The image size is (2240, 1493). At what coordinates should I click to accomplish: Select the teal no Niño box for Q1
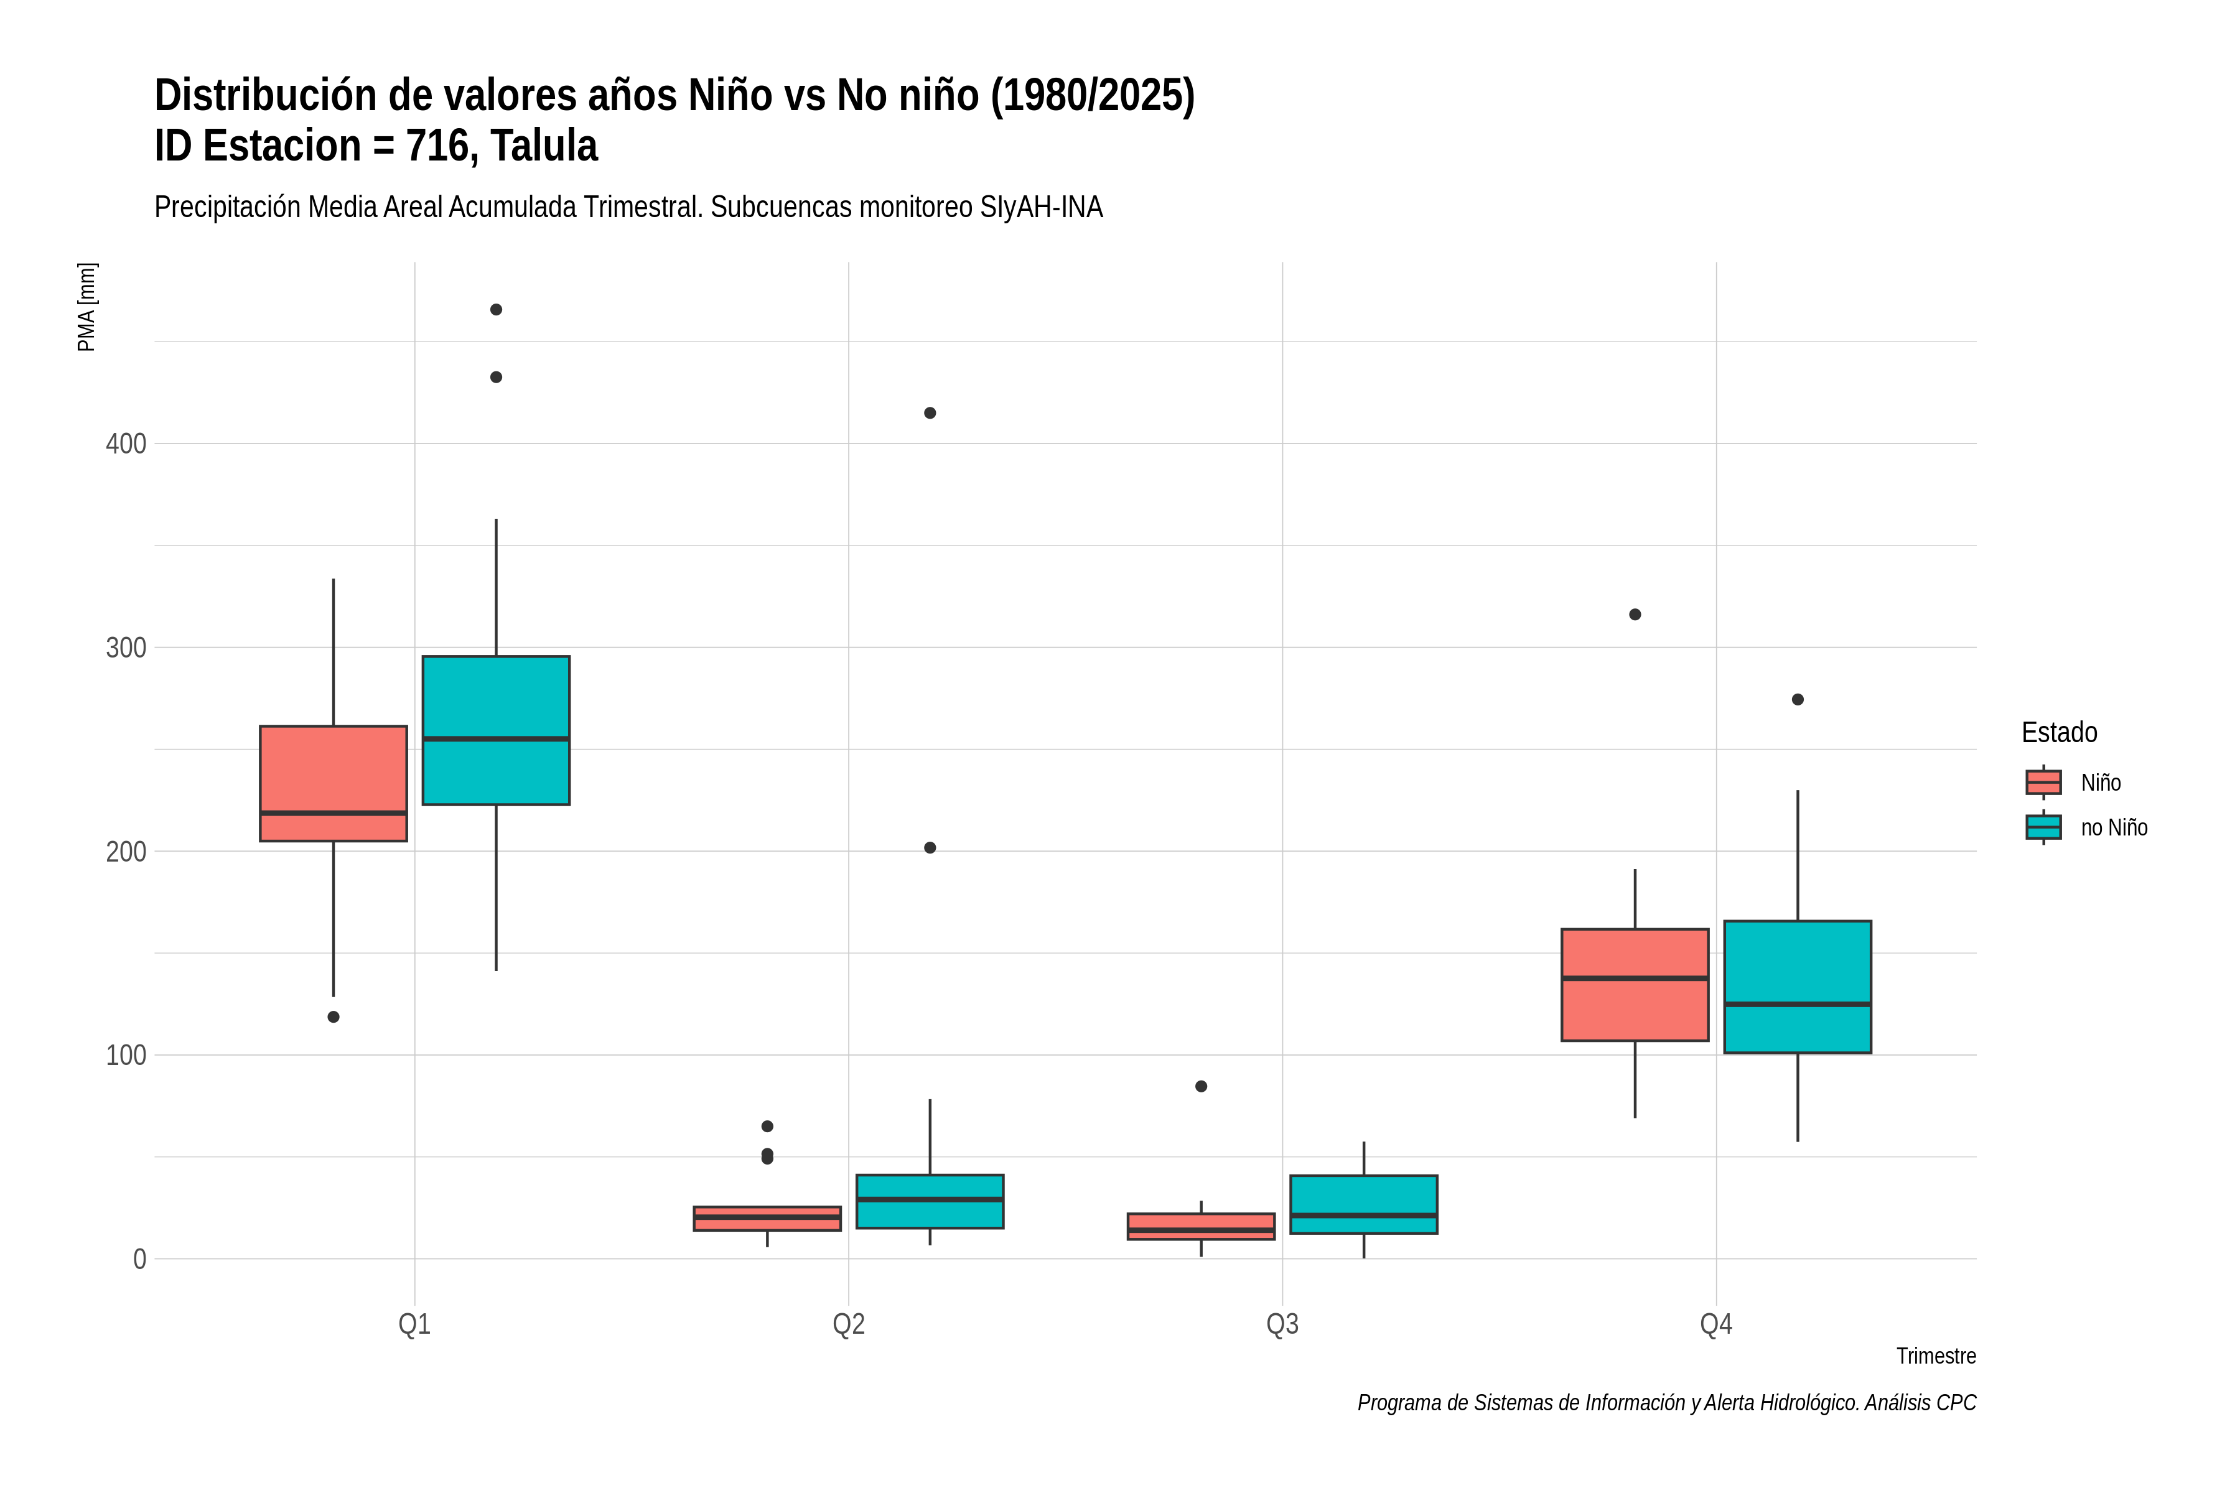click(496, 730)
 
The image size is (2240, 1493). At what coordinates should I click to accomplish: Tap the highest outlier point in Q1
click(496, 309)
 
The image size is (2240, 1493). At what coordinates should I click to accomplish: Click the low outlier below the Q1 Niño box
click(334, 1017)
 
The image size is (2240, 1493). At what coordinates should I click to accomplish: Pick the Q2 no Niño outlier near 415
click(930, 413)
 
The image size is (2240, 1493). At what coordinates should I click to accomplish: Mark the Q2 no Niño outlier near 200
click(930, 847)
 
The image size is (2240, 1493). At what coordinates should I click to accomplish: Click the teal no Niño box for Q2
click(930, 1202)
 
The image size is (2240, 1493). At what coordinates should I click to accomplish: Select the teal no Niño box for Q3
click(1364, 1204)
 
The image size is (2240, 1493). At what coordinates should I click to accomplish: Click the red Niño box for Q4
click(1635, 985)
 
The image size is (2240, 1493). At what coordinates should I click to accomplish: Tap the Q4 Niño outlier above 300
click(1635, 614)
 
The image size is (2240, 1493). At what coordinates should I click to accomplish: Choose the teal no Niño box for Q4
click(1798, 987)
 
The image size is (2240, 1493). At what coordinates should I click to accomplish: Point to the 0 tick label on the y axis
click(140, 1258)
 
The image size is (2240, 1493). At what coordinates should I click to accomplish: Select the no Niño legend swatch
click(2044, 827)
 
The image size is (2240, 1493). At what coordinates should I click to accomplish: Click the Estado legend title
click(2059, 732)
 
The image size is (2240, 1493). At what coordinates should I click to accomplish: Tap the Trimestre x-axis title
click(1936, 1356)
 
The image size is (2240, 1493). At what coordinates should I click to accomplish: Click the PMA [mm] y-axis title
click(86, 307)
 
